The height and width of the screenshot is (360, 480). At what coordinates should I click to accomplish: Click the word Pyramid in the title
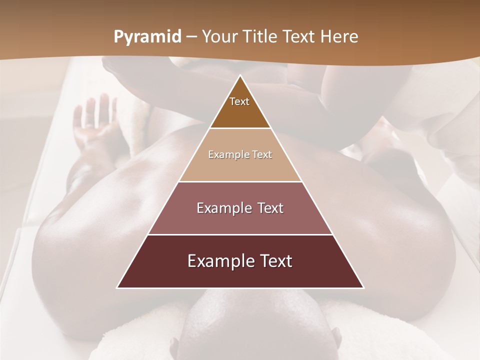coord(147,37)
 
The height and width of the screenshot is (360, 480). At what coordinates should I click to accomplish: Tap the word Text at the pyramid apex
coord(239,101)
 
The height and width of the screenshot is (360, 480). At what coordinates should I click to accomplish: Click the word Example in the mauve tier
coord(222,208)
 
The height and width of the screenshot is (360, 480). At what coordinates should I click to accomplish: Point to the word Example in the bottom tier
coord(218,261)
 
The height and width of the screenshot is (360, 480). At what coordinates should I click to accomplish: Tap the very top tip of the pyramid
coord(240,76)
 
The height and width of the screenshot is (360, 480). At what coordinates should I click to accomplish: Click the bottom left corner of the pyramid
coord(118,287)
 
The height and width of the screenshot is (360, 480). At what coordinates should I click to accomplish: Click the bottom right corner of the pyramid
coord(363,287)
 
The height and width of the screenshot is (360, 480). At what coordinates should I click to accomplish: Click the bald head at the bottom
coord(255,325)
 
